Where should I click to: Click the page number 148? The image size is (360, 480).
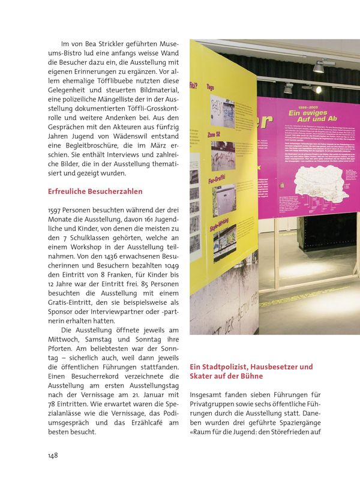(53, 455)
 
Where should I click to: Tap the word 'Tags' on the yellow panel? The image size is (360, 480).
(211, 88)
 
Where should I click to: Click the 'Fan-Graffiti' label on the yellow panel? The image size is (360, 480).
(216, 178)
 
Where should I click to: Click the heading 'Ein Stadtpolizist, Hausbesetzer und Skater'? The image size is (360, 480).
(251, 371)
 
